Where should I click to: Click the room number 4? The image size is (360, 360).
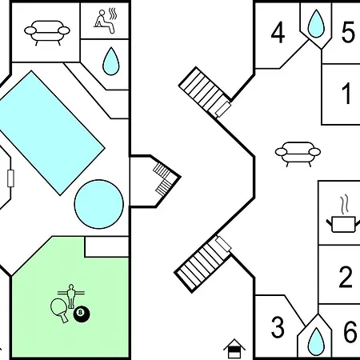[278, 33]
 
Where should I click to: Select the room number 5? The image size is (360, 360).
[348, 33]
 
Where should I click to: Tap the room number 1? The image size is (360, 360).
[346, 94]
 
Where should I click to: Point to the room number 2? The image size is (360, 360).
[346, 277]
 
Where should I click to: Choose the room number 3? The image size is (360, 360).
[278, 327]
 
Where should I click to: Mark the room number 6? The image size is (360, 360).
[350, 332]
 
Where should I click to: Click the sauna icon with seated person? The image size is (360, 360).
[106, 21]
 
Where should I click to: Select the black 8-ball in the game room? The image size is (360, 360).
[82, 314]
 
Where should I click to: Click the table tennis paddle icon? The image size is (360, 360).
[59, 310]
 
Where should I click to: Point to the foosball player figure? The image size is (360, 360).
[71, 296]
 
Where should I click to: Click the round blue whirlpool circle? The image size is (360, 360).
[99, 204]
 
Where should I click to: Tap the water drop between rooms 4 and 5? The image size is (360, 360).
[316, 23]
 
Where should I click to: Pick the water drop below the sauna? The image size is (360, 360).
[110, 62]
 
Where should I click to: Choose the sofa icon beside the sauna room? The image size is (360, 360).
[47, 32]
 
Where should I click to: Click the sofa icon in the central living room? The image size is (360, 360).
[298, 154]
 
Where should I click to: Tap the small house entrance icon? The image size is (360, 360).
[234, 348]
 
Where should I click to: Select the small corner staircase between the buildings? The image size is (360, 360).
[165, 178]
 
